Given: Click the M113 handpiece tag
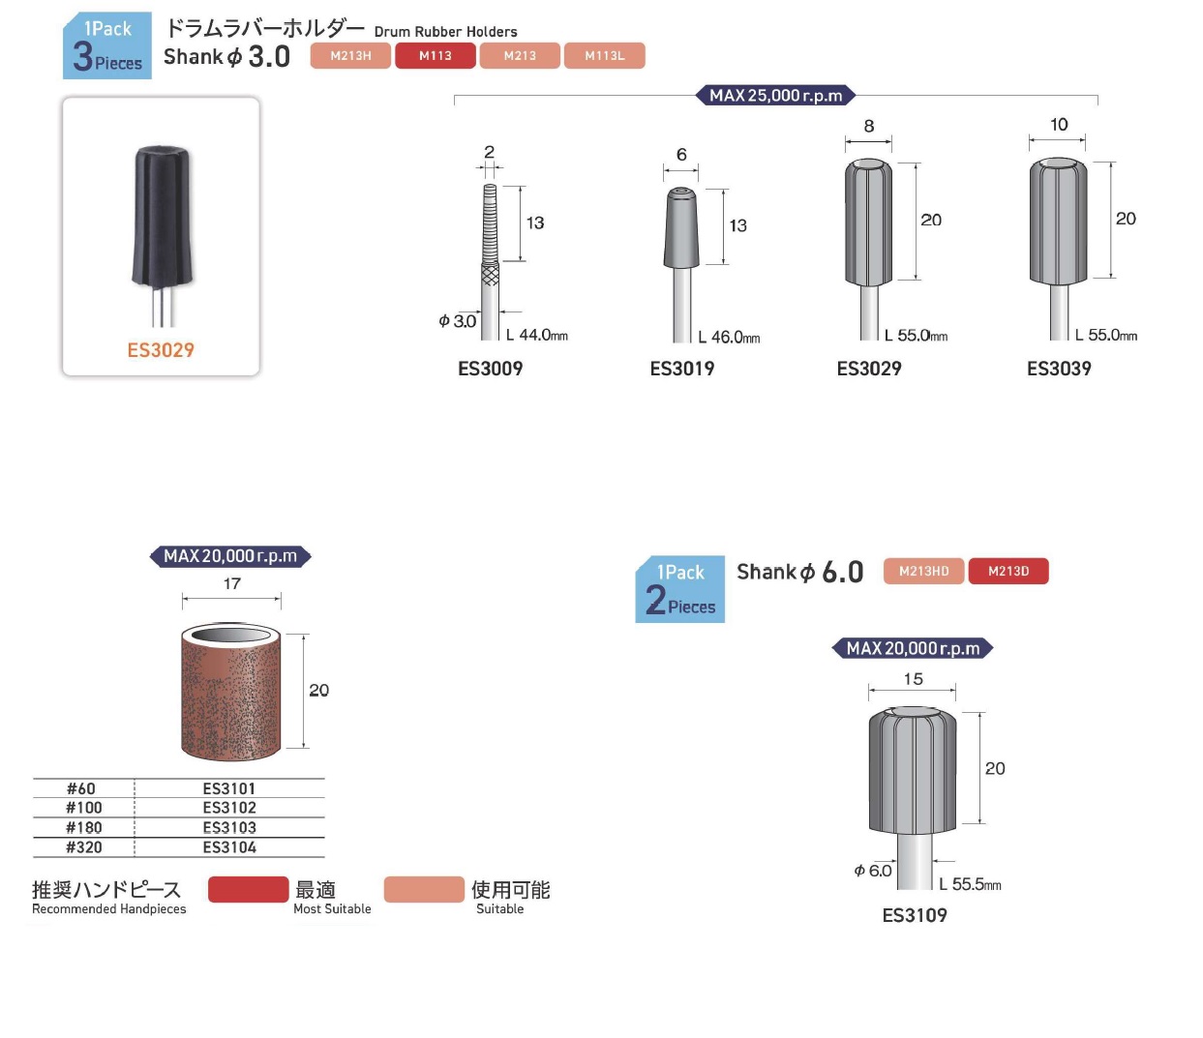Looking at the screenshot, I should point(436,56).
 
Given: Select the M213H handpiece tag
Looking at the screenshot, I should point(350,56).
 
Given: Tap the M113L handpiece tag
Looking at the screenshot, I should point(604,56).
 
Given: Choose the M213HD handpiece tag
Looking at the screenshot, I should point(923,571).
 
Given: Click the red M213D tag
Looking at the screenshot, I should point(1008,571).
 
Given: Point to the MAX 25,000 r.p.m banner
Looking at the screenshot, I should point(775,96).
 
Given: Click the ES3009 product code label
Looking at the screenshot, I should point(490,369).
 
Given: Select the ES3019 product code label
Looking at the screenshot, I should point(681,369).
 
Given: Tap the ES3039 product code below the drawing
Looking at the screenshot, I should point(1059,369).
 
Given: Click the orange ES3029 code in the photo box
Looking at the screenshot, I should point(161,350).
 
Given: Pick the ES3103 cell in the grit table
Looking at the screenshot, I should point(229,828).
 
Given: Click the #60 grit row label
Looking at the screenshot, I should point(81,788).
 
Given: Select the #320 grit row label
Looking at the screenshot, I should point(83,847).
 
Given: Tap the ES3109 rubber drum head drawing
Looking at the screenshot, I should point(913,770).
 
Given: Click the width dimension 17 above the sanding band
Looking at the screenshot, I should point(232,583).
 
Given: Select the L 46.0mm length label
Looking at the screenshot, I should point(729,337).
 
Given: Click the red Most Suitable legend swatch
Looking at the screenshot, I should point(248,889).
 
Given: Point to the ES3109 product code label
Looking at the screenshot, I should point(915,915).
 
